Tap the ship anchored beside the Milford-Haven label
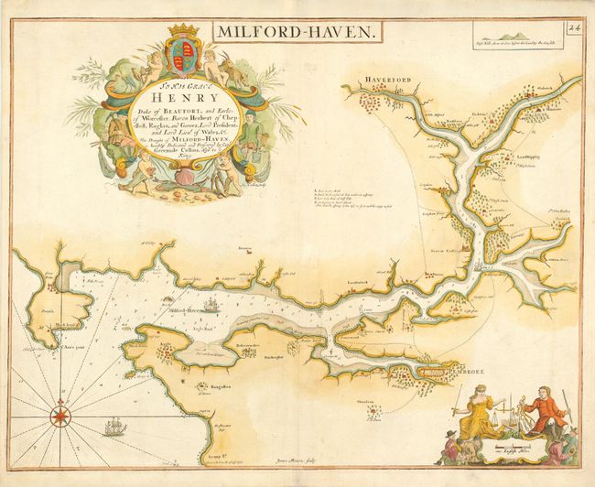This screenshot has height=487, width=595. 211,307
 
